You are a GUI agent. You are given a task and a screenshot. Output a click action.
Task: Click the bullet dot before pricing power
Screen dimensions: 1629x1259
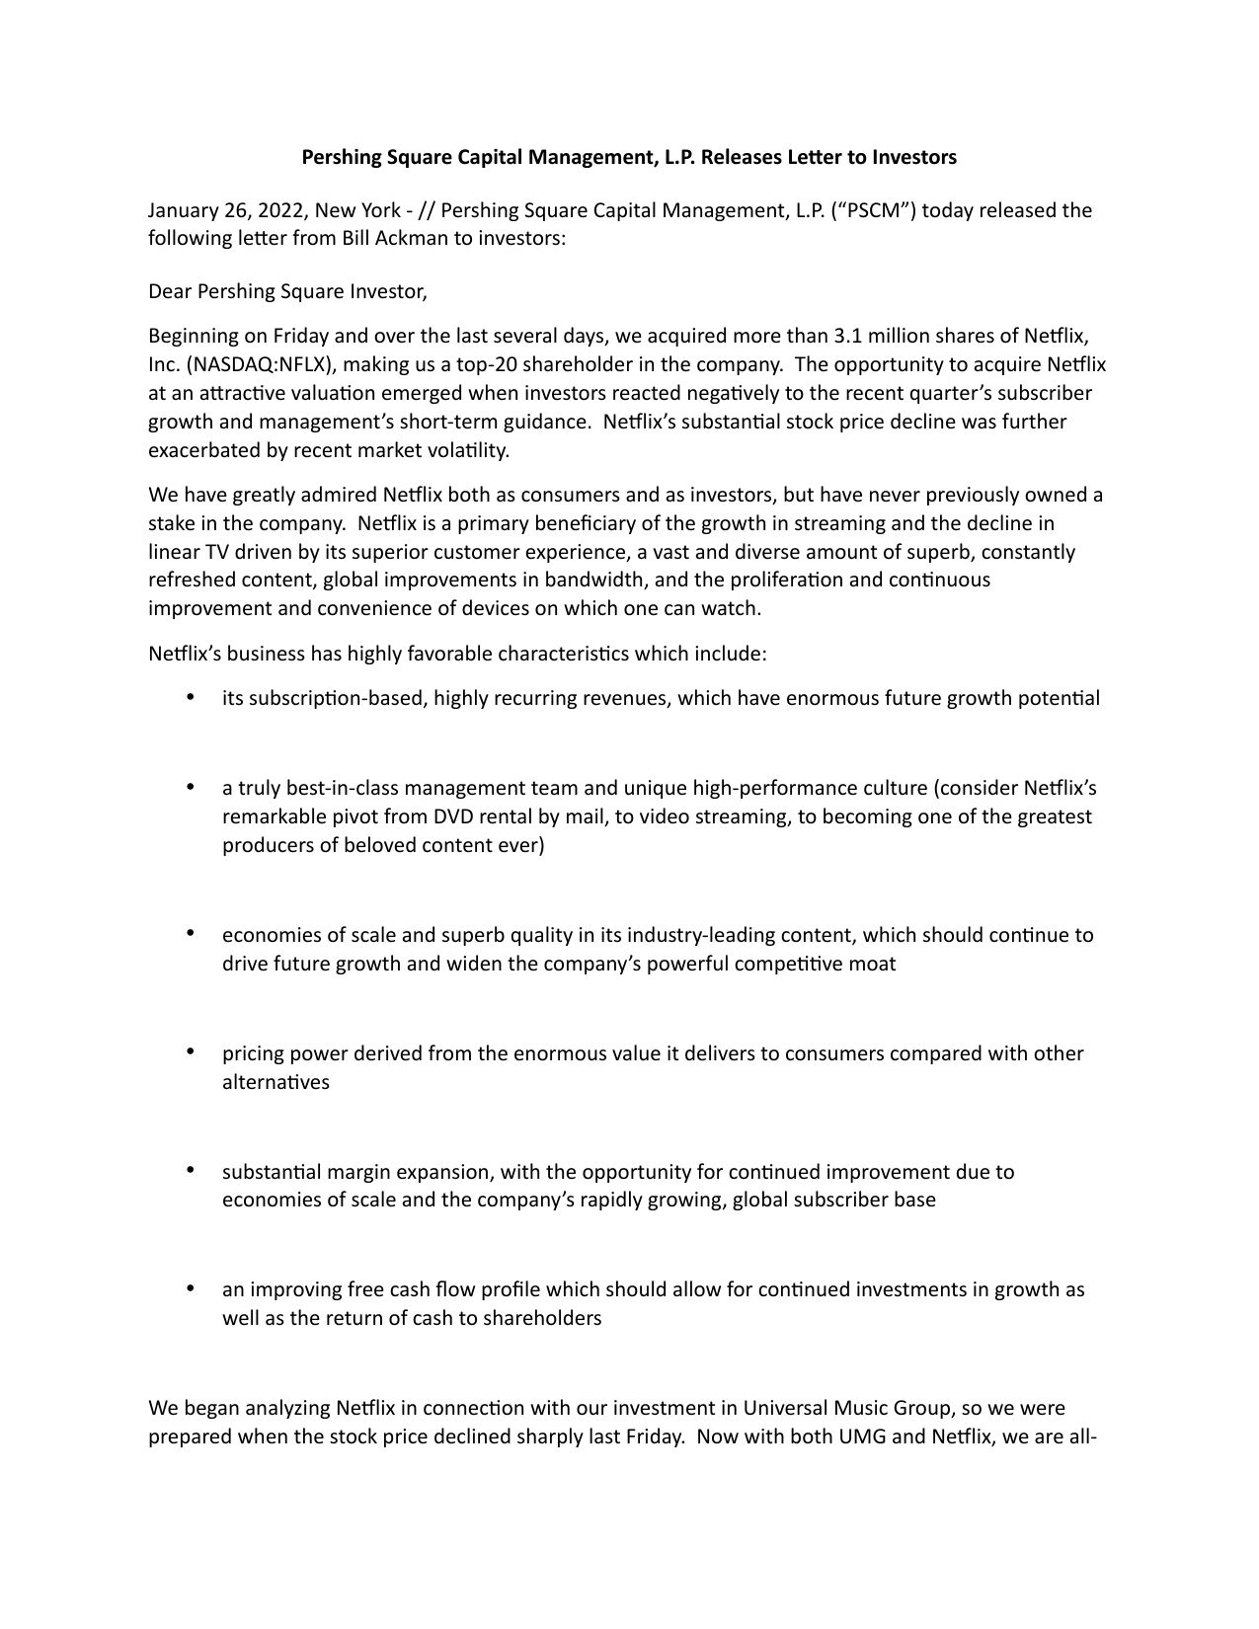click(189, 1052)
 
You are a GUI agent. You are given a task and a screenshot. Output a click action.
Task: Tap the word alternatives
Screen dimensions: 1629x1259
click(275, 1082)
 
